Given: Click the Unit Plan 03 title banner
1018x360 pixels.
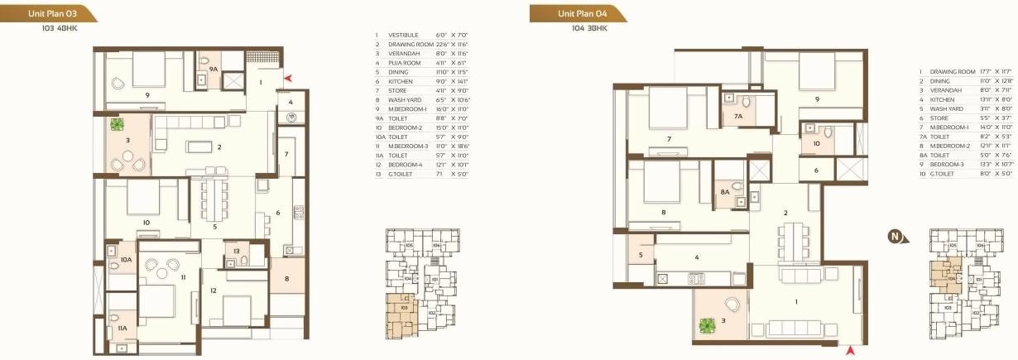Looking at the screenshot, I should click(48, 13).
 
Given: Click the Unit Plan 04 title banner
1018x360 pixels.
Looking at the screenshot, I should click(578, 13).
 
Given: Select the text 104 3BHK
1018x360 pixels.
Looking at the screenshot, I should click(588, 28).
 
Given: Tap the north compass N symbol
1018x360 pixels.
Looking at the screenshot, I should click(895, 238).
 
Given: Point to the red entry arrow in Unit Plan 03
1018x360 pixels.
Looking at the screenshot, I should click(288, 79).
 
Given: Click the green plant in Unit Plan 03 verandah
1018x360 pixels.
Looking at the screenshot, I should click(117, 125).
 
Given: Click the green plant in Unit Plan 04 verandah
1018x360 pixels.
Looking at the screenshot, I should click(705, 327).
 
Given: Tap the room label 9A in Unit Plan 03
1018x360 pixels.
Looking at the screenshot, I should click(213, 70).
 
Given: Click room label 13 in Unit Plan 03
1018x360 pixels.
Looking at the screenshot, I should click(236, 252).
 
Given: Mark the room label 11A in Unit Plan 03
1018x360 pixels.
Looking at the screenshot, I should click(122, 329).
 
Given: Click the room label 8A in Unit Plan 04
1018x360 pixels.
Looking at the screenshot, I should click(724, 192).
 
